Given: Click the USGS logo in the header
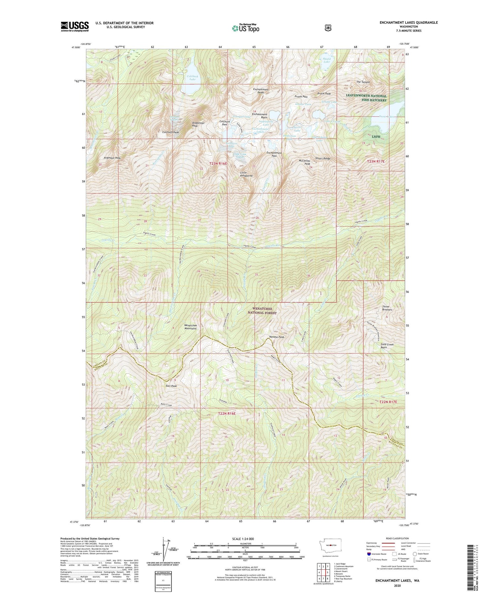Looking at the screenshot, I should pyautogui.click(x=75, y=26).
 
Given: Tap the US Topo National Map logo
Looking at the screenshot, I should pyautogui.click(x=246, y=28).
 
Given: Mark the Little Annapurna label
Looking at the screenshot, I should pyautogui.click(x=246, y=174).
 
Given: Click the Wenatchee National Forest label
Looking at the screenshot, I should pyautogui.click(x=263, y=311).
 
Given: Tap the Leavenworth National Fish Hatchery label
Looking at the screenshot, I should pyautogui.click(x=366, y=98).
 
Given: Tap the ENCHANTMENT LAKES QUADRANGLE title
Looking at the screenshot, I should pyautogui.click(x=410, y=22).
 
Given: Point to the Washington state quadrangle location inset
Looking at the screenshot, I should pyautogui.click(x=332, y=545).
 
